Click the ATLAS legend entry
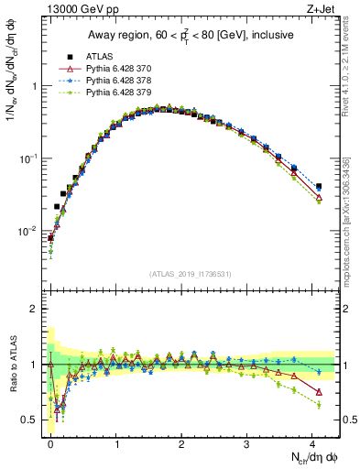[95, 57]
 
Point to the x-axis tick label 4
[312, 442]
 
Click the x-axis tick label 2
[181, 442]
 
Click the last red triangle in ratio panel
[319, 392]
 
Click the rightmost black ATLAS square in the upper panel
[319, 187]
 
